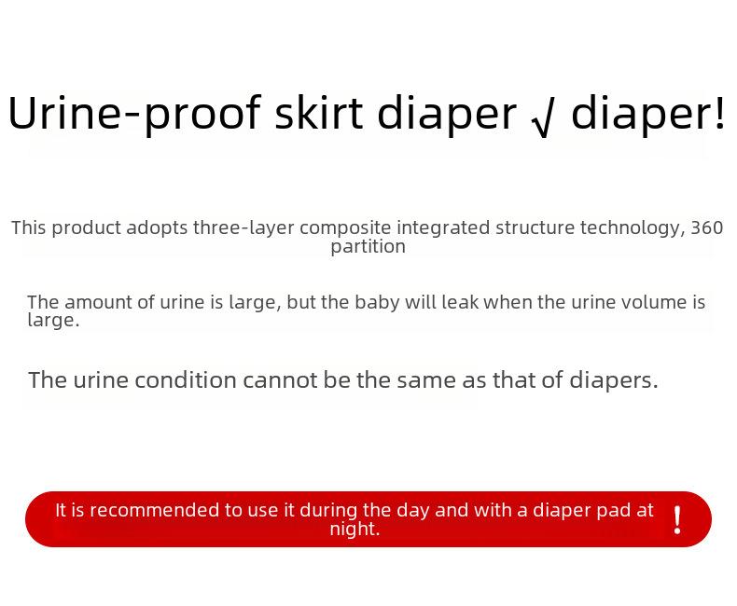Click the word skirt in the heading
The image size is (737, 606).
click(318, 113)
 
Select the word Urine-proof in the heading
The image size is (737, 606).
click(134, 114)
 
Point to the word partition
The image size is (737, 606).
click(368, 247)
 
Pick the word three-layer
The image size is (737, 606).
click(243, 228)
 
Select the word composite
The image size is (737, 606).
click(345, 228)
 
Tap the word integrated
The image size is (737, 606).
click(443, 228)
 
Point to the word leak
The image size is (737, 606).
click(460, 302)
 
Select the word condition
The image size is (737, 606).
click(186, 380)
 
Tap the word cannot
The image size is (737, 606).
click(280, 380)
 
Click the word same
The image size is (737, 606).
click(426, 381)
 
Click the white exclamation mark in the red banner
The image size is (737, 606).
click(677, 520)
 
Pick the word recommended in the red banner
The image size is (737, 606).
click(154, 510)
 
